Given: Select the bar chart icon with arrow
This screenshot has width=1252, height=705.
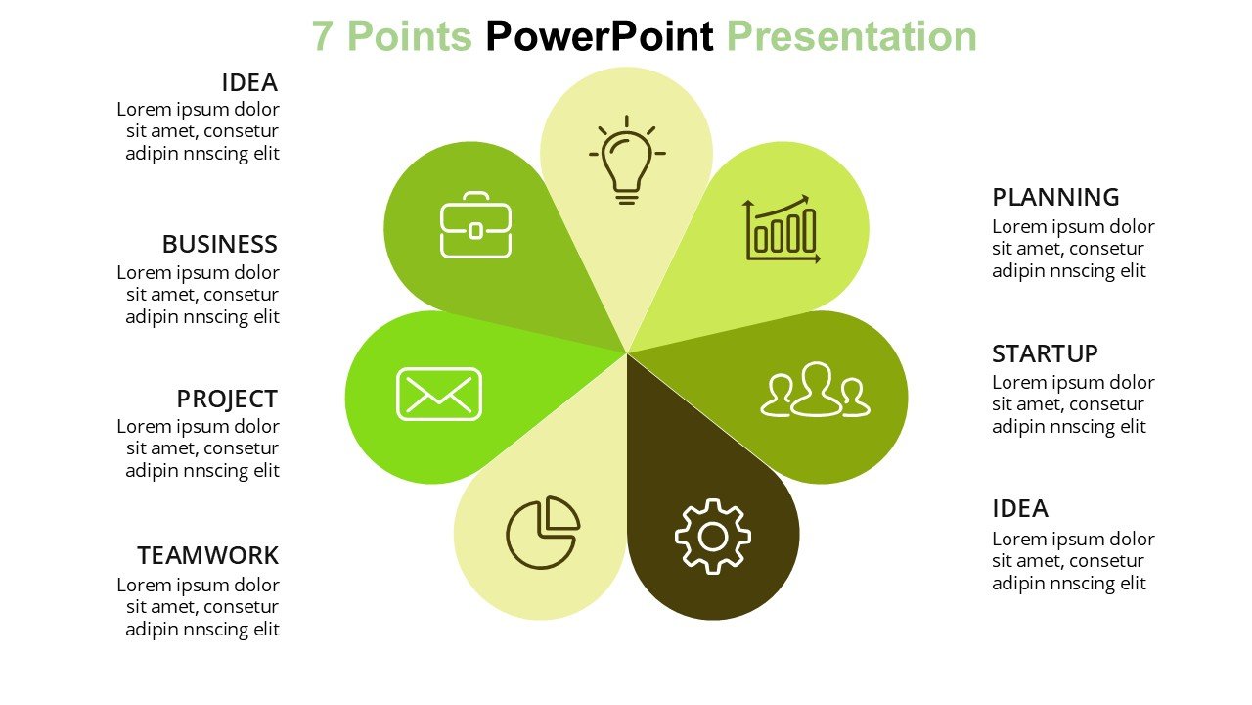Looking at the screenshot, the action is tap(782, 229).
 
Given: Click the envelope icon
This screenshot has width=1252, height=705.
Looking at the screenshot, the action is tap(439, 394).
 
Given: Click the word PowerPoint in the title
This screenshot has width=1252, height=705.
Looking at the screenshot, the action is tap(600, 37).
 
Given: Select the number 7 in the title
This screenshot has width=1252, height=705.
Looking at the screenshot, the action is tap(323, 37).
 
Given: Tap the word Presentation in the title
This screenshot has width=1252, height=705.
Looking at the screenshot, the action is tap(851, 37).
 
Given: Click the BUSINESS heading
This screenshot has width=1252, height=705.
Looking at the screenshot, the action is tap(220, 245).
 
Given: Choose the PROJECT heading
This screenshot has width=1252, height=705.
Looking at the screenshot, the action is tap(227, 399).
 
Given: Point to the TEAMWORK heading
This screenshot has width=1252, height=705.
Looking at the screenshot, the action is tap(208, 555).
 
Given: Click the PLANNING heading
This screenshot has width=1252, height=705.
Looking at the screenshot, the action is tap(1055, 198).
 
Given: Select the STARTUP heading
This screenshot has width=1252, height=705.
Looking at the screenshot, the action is tap(1045, 354).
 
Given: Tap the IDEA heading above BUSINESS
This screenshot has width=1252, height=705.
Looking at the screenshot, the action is tap(249, 83).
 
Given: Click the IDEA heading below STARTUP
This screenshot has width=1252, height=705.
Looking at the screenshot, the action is tap(1020, 509).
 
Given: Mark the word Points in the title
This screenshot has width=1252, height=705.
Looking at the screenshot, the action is tap(410, 37).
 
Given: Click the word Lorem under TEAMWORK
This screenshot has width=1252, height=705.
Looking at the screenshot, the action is tap(144, 586).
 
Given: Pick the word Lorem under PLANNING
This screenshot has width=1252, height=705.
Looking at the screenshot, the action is tap(1020, 227).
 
